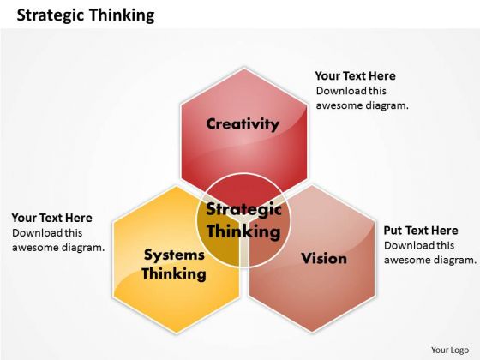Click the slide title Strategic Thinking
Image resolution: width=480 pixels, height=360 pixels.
pos(86,15)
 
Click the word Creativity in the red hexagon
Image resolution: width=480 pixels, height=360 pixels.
pos(243,124)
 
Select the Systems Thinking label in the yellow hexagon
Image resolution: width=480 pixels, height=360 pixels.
pos(174,264)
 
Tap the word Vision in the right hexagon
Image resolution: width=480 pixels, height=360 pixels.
pos(324,258)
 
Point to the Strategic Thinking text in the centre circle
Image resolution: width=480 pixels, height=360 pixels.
pos(243,220)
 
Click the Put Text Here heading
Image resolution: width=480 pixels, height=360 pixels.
pos(421,231)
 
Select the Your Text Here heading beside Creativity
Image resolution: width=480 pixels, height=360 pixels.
pos(356,76)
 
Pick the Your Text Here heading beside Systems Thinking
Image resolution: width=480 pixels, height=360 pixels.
pos(52,218)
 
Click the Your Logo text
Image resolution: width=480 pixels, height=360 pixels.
pos(450,350)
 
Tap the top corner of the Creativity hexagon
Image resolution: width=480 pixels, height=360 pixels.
pos(244,68)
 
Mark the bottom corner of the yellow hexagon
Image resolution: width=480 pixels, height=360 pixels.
pos(177,333)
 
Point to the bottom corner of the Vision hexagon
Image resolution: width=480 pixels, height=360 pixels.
pos(312,332)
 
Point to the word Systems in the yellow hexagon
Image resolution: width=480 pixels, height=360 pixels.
pos(174,255)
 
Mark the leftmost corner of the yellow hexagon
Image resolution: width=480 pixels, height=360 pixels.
pos(113,223)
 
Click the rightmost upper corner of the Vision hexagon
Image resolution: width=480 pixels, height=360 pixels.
pos(375,221)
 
